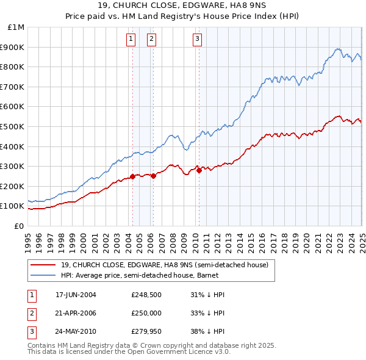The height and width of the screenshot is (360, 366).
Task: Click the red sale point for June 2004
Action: coord(132,177)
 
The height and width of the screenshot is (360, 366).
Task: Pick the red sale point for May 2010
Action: coord(199,171)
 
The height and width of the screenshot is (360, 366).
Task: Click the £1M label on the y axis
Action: coord(16,27)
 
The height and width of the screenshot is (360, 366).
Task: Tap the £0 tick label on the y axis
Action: coord(20,226)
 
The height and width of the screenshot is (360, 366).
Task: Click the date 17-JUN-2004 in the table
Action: coord(76,295)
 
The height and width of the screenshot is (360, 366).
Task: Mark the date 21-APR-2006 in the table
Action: coord(76,314)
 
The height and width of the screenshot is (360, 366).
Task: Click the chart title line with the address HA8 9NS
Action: coord(182,6)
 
